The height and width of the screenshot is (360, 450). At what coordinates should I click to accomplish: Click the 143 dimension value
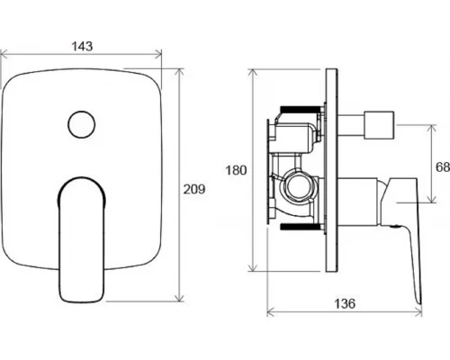click(82, 47)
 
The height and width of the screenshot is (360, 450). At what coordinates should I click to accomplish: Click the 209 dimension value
click(194, 189)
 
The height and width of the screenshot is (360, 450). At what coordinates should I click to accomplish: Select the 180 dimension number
click(236, 170)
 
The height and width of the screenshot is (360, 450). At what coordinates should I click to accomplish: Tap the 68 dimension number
click(443, 167)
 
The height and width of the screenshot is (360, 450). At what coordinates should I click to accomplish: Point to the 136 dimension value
click(345, 304)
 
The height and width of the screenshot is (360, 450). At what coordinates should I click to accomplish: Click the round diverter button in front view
click(82, 125)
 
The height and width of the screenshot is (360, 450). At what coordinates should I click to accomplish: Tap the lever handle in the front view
click(81, 239)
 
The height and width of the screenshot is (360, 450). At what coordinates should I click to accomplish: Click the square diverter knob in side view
click(379, 125)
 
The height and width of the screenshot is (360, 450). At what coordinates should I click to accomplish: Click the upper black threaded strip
click(300, 109)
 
